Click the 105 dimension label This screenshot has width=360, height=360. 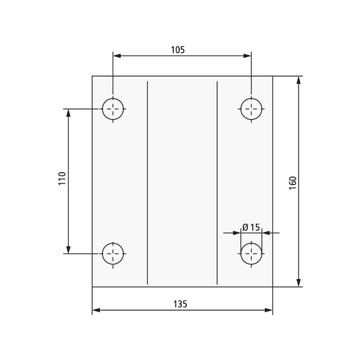(x=178, y=50)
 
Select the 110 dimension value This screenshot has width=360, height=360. (x=62, y=178)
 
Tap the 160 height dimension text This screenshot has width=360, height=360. (x=293, y=183)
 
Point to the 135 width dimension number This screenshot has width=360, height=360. (x=180, y=304)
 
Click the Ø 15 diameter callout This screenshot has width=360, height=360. (x=251, y=227)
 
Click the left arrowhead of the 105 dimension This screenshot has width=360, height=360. (x=117, y=56)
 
